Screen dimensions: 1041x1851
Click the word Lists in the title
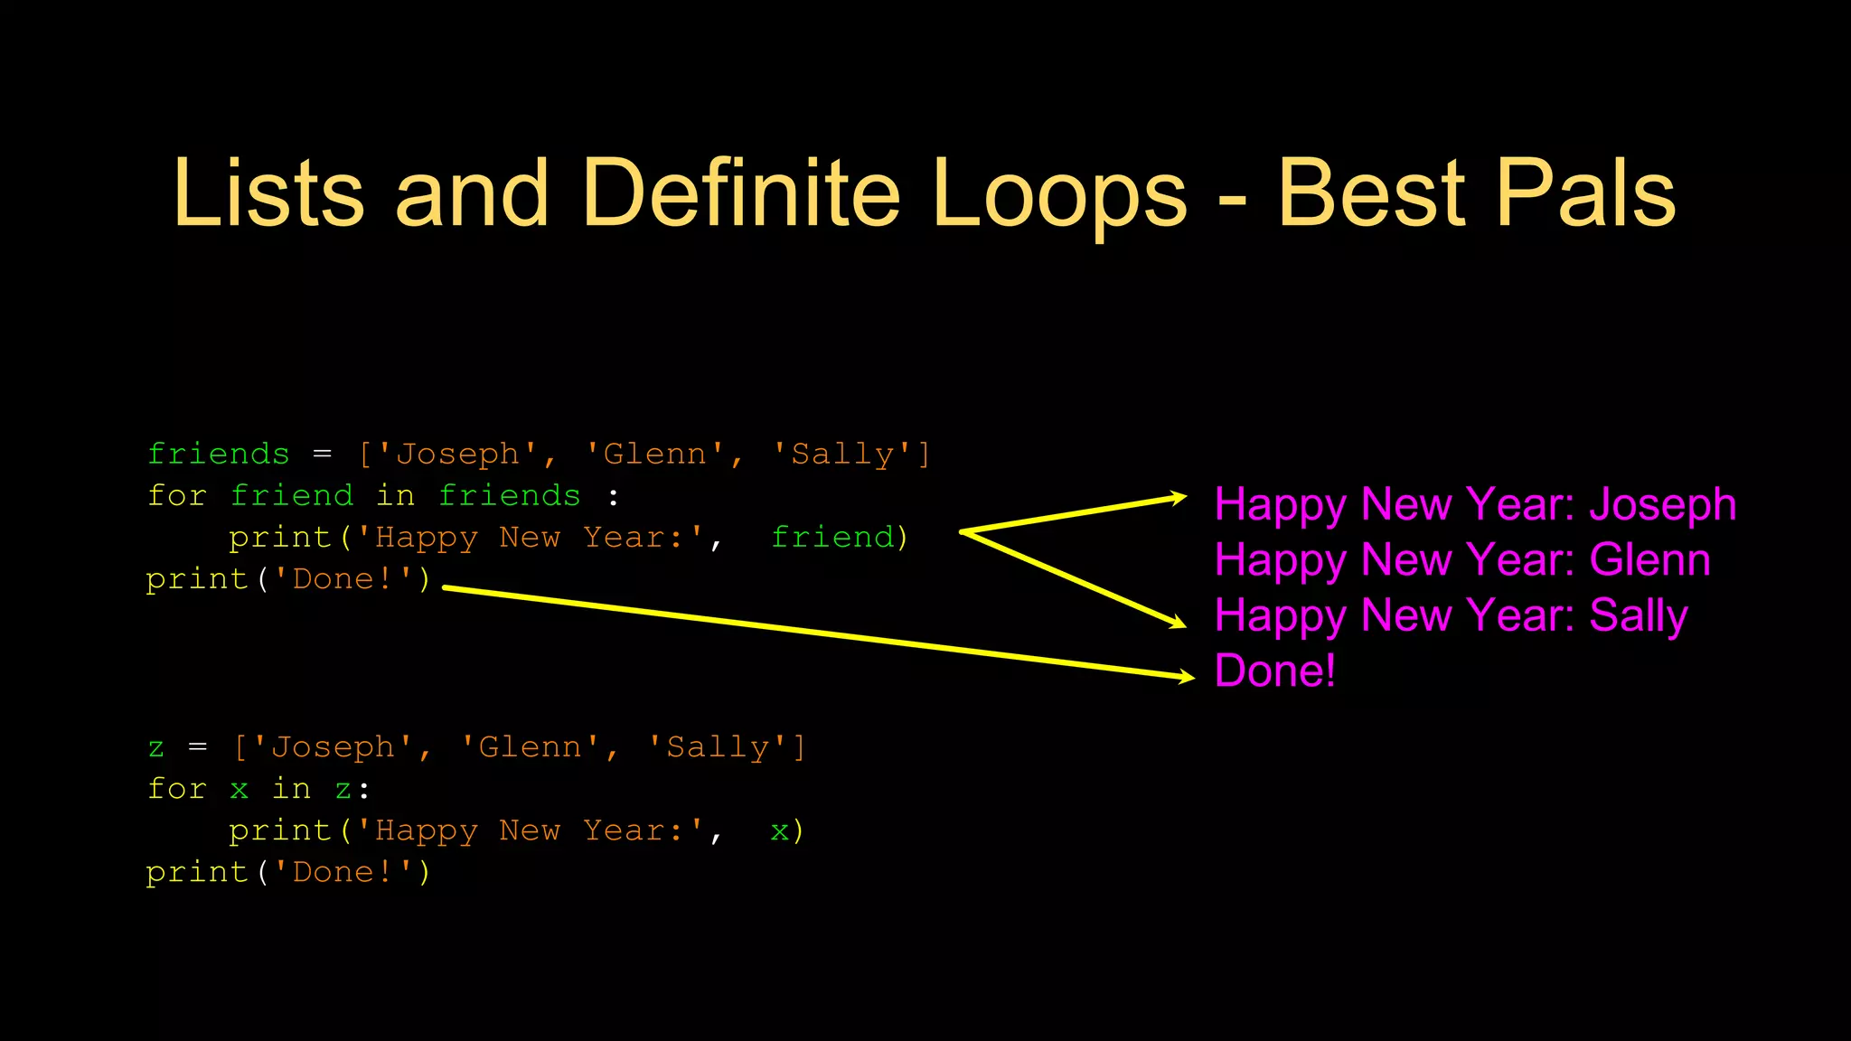(x=268, y=192)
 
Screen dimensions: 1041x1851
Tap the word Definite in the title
(x=741, y=192)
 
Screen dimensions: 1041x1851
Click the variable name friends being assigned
(x=219, y=454)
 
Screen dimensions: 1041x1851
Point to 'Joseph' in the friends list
(x=459, y=454)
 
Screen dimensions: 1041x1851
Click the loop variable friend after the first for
(x=292, y=495)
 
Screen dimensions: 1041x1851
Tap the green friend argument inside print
(x=832, y=537)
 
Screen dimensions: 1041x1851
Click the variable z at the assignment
(x=156, y=747)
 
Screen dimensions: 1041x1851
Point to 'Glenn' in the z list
(x=530, y=747)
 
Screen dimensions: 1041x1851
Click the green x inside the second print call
(x=779, y=830)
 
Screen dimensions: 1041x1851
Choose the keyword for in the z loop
(x=177, y=789)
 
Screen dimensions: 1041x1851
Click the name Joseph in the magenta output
(x=1662, y=504)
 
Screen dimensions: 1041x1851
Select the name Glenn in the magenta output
(x=1649, y=560)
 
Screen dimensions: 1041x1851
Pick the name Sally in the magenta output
(x=1638, y=616)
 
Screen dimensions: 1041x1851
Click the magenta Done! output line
(x=1274, y=671)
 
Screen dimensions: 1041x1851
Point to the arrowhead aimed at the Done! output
(x=1186, y=676)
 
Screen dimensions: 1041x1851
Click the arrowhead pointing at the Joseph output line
(x=1178, y=497)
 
